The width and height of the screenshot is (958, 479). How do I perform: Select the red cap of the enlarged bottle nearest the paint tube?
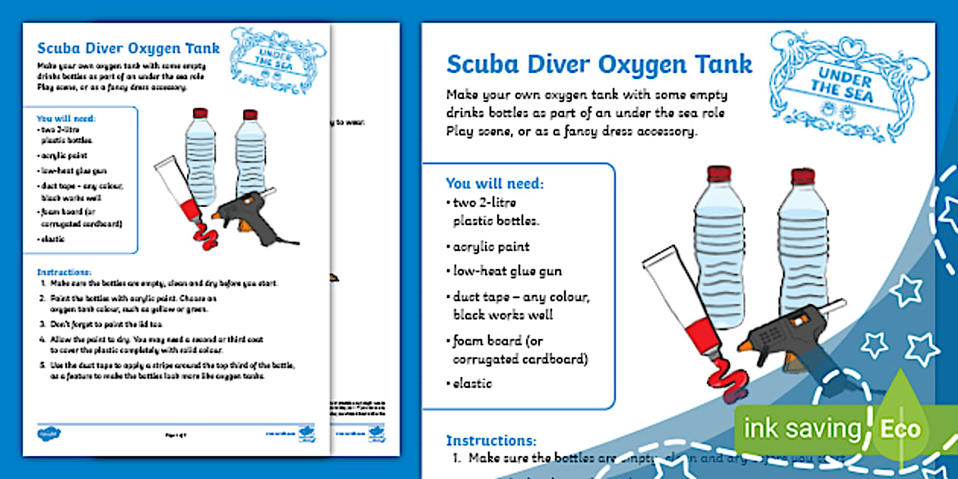718,174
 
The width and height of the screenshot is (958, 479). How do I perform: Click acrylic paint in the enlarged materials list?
490,247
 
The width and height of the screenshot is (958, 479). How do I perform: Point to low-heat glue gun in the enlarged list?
507,271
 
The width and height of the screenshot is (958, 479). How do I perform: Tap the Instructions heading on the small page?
64,271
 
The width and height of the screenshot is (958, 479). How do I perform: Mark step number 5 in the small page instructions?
43,365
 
